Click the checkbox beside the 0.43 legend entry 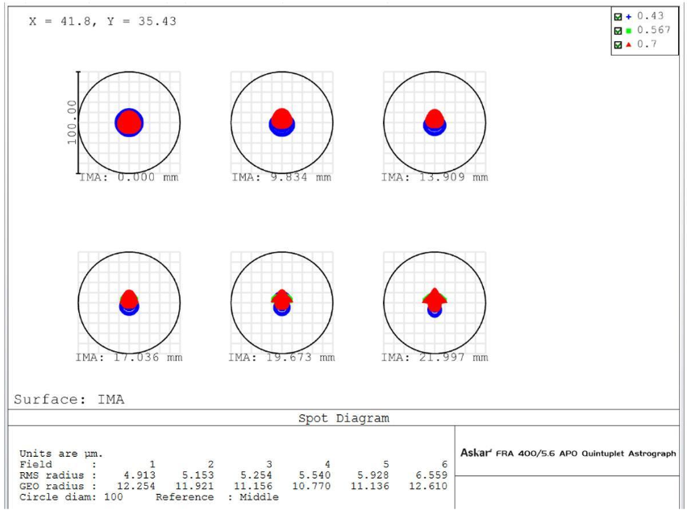(x=618, y=16)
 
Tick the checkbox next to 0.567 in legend (x=618, y=31)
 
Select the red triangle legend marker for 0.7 (x=628, y=44)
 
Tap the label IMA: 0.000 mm (x=128, y=177)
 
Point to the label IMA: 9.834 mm (x=281, y=177)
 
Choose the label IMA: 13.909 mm (x=435, y=177)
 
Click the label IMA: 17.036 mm (x=128, y=358)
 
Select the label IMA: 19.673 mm (x=281, y=358)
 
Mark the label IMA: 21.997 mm (x=435, y=358)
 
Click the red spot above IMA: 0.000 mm (x=129, y=122)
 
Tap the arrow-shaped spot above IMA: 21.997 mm (x=435, y=300)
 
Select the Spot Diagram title (x=343, y=418)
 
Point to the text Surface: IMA (x=69, y=399)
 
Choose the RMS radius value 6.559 (x=431, y=475)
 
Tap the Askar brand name (x=476, y=454)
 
